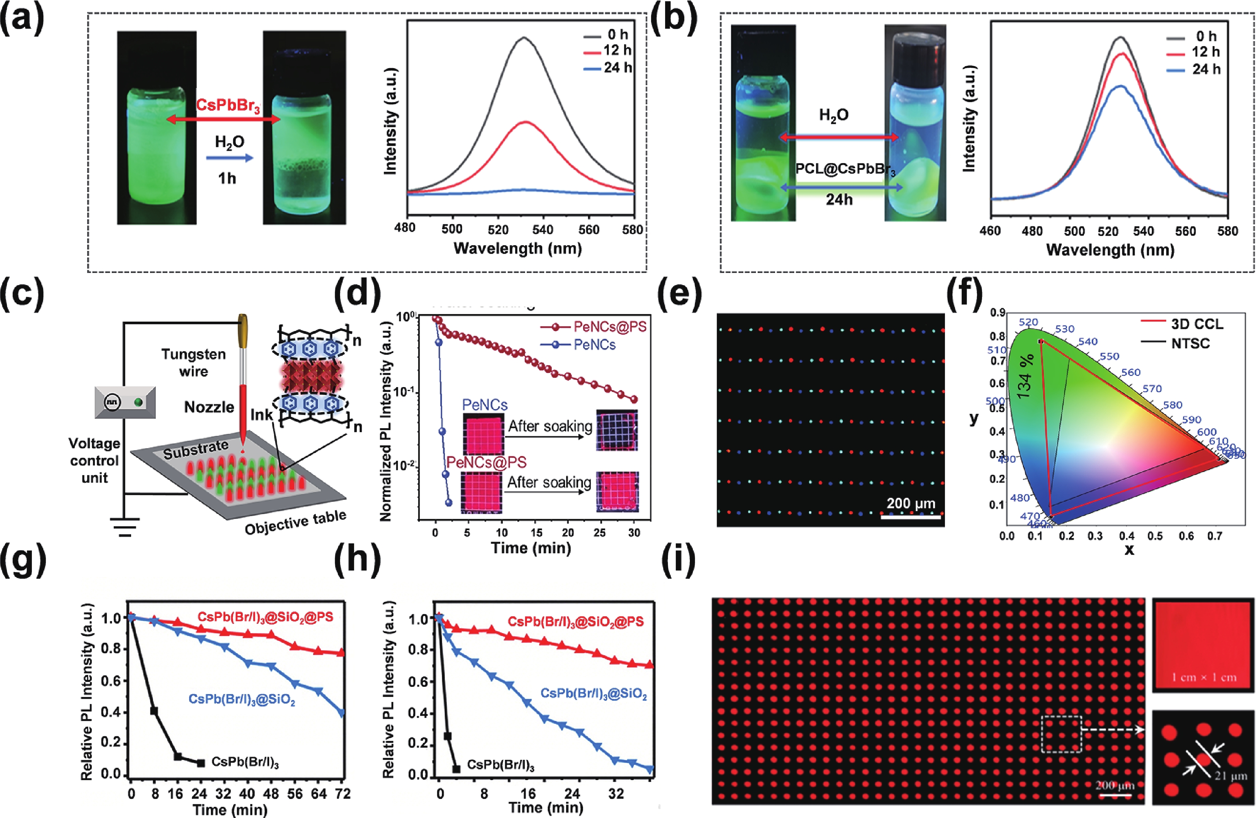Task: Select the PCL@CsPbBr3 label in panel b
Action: pos(845,170)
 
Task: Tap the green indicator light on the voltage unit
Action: pos(138,403)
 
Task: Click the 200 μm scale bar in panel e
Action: pos(911,517)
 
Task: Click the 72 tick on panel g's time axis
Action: pos(343,794)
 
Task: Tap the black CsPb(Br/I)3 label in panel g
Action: pos(245,762)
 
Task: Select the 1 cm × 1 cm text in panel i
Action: pos(1204,678)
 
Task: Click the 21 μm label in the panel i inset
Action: pos(1230,776)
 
